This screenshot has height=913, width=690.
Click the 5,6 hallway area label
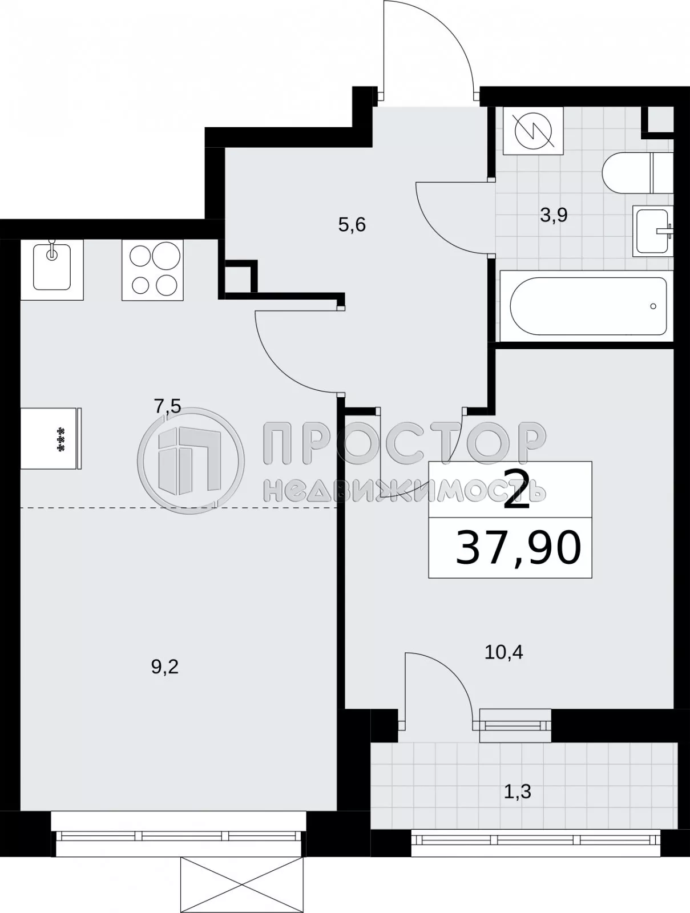352,225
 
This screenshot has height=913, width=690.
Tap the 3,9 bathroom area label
554,216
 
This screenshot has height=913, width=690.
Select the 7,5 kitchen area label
167,407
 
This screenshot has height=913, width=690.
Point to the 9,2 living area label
165,666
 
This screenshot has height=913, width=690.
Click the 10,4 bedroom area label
504,652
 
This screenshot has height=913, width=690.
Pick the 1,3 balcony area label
518,791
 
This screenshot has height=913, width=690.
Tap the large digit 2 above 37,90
518,492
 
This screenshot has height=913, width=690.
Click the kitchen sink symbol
52,269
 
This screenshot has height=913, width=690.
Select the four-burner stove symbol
153,270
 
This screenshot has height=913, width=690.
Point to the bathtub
588,306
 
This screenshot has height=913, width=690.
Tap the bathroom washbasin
653,231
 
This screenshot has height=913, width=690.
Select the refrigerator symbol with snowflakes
51,438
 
